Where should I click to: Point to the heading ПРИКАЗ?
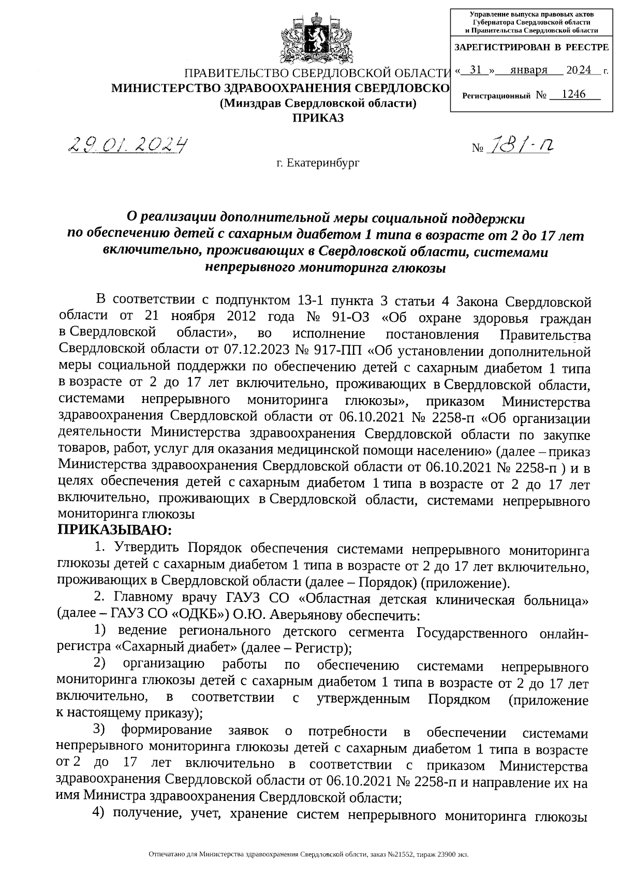click(318, 118)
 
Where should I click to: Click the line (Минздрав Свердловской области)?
click(318, 103)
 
